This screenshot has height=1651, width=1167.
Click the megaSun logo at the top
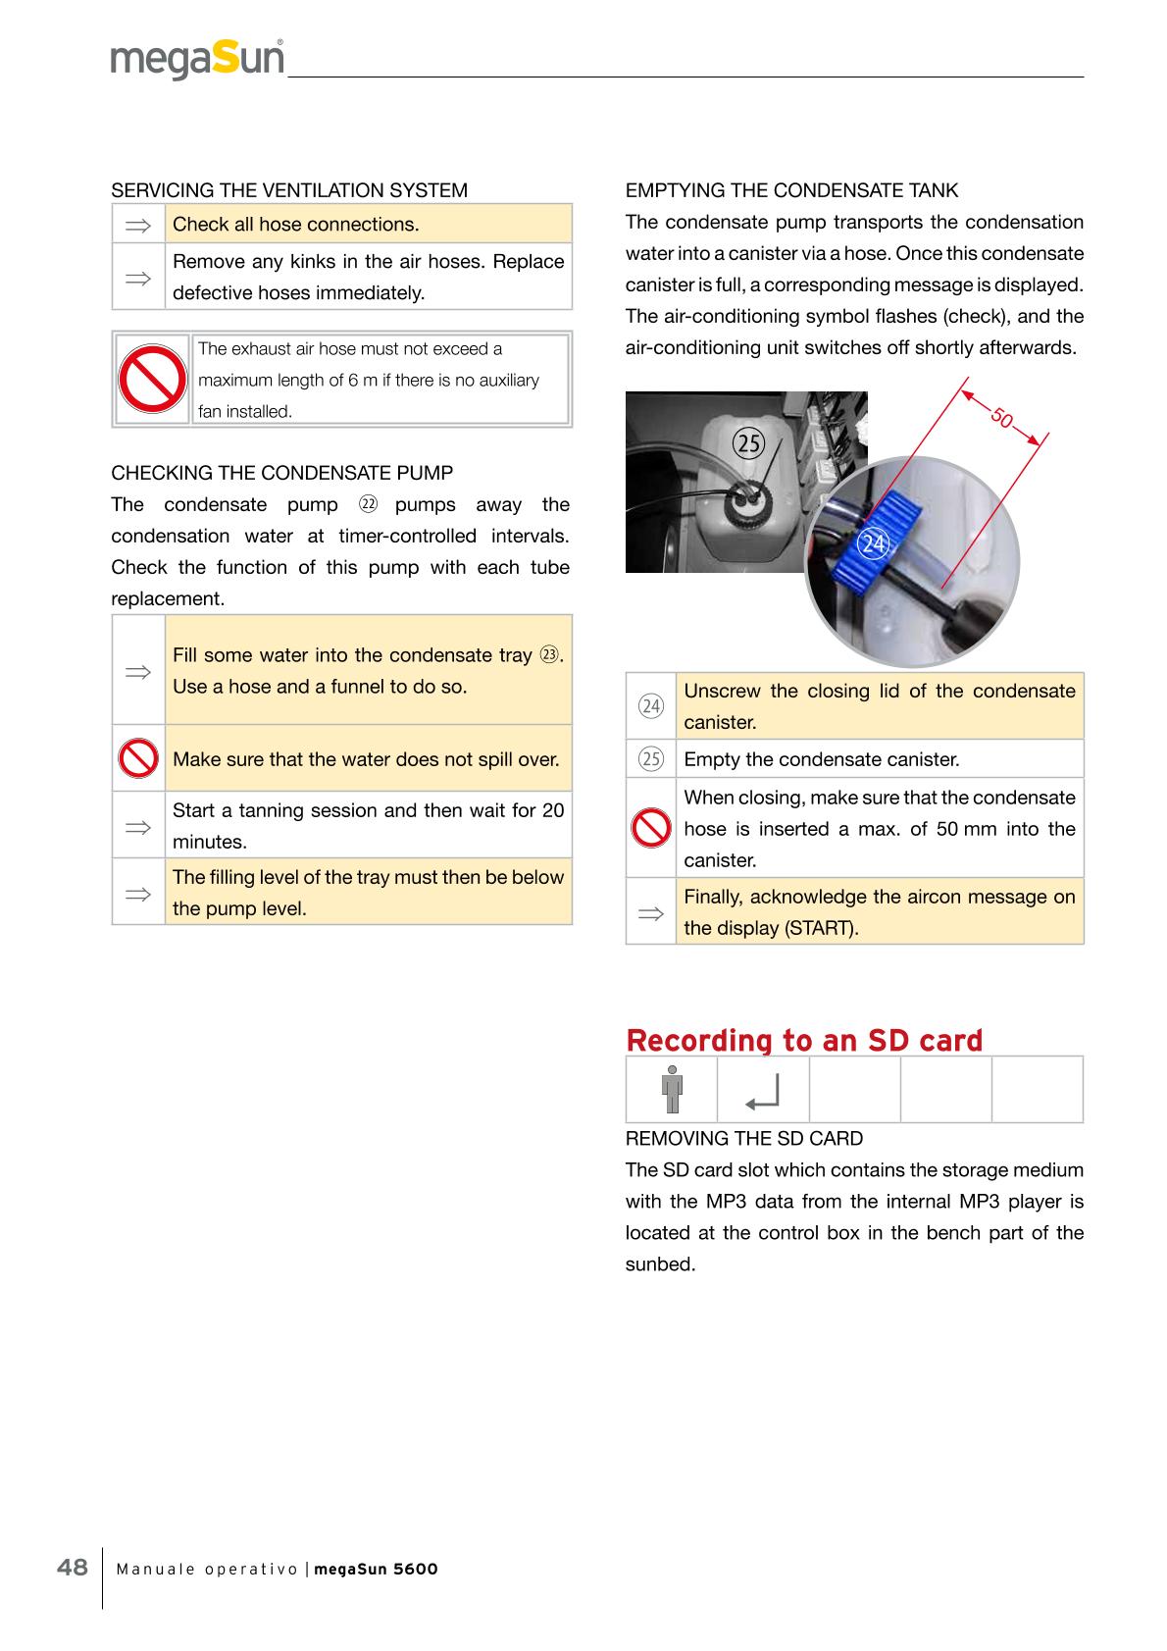[x=197, y=59]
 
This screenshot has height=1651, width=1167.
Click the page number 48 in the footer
[x=73, y=1567]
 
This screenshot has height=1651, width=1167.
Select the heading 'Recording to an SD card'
[x=804, y=1040]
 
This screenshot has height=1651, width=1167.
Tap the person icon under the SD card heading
[x=672, y=1089]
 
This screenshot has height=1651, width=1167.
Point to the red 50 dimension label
[x=1001, y=417]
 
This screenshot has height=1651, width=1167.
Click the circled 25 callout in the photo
[x=749, y=444]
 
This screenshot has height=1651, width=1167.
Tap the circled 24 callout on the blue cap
[x=873, y=543]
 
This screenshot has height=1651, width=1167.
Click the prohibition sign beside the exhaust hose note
[x=152, y=380]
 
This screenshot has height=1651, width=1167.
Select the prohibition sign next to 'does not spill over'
[x=138, y=758]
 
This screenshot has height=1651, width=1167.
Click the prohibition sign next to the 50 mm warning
[x=650, y=829]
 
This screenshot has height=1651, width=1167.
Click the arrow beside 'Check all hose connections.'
[x=138, y=225]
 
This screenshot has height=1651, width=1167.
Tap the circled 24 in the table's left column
[x=650, y=706]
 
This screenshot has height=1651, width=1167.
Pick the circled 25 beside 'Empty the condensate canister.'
[x=650, y=759]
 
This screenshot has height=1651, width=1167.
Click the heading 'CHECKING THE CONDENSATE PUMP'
[x=282, y=473]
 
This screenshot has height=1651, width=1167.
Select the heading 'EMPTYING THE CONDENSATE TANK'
[x=792, y=190]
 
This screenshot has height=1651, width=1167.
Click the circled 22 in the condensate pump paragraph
[x=368, y=505]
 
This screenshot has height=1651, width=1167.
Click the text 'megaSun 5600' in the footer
[x=376, y=1569]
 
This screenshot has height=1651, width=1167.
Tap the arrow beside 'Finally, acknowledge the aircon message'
[x=650, y=913]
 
